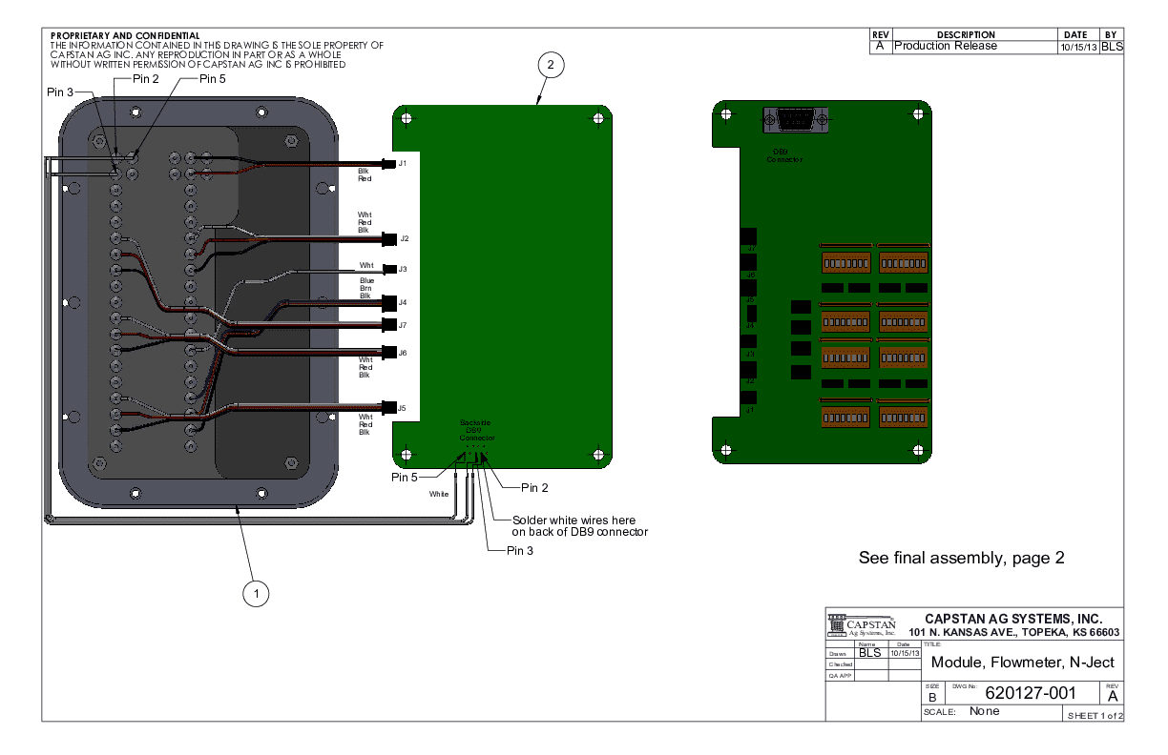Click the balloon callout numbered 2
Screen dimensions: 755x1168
coord(551,65)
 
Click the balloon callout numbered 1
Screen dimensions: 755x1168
coord(255,593)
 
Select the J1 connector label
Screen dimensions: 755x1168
coord(403,164)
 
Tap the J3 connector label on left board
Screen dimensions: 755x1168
coord(403,269)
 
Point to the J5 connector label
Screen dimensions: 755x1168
coord(402,408)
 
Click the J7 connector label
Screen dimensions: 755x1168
coord(403,325)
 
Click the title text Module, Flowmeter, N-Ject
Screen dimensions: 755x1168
coord(1022,663)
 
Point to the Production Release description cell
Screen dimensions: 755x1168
coord(946,46)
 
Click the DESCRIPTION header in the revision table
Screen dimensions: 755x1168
coord(966,34)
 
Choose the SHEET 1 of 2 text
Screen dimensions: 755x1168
coord(1095,715)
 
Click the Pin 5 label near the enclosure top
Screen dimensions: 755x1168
coord(213,79)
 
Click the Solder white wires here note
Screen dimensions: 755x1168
coord(580,526)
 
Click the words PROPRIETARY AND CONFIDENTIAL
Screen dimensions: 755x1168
coord(124,35)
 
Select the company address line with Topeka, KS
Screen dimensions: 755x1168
coord(1014,634)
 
